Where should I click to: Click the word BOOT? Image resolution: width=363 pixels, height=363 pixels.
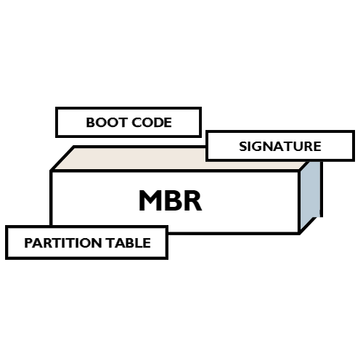coord(103,123)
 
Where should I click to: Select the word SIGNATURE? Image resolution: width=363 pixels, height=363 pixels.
coord(280,146)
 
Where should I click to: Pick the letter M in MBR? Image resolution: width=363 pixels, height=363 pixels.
coord(151,201)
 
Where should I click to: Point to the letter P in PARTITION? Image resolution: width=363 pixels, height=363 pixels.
coord(28,243)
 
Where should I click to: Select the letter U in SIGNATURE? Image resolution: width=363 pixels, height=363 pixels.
coord(300,146)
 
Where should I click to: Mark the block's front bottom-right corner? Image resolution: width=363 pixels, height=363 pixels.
coord(300,233)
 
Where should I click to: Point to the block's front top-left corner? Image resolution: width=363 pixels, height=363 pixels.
coord(51,171)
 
